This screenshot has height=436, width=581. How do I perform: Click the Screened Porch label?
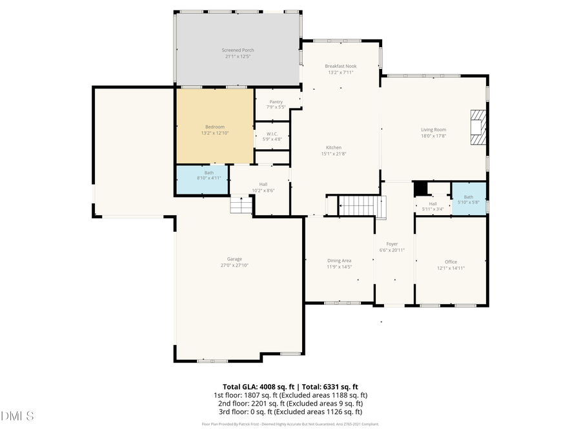[238, 50]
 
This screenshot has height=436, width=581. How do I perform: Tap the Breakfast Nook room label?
[341, 66]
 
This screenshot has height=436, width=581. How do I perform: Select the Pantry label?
[276, 101]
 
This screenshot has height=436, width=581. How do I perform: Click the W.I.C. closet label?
[271, 134]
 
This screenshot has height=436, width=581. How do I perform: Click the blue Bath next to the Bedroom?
[202, 179]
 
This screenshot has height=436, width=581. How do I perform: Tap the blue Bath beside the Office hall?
[468, 199]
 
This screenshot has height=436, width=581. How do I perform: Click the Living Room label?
[433, 130]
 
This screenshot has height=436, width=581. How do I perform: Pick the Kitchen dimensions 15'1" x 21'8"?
[334, 153]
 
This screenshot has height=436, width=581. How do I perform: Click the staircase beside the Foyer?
[361, 206]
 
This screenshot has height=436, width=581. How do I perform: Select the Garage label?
[234, 259]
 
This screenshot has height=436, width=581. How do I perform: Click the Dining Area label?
[339, 260]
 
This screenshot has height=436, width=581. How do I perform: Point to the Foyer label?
[392, 244]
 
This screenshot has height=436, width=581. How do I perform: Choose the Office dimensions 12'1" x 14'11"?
[451, 268]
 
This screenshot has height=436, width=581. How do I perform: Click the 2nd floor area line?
[290, 403]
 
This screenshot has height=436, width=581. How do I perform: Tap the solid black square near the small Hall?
[421, 187]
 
